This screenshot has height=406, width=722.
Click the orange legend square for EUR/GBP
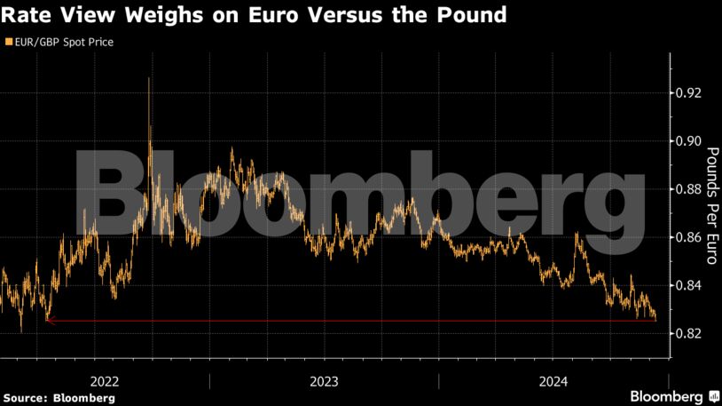8,42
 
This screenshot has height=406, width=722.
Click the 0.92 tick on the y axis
688,93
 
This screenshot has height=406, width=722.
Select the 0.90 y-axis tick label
688,141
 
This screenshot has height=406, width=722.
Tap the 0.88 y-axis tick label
688,189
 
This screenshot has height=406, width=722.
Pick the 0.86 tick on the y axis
688,237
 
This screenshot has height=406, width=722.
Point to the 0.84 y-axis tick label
688,285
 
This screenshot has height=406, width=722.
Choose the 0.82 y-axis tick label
688,333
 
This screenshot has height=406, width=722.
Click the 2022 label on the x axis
106,381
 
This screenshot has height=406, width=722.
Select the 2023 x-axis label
325,381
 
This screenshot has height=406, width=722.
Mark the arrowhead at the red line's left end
50,321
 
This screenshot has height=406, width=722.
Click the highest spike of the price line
148,79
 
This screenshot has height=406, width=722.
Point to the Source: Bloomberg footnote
59,397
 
